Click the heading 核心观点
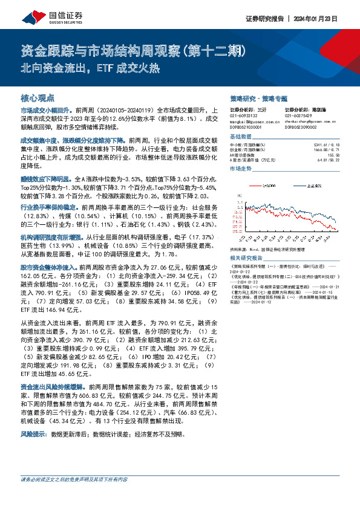[x=38, y=97]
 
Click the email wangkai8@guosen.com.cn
[x=249, y=122]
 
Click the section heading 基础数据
[x=240, y=137]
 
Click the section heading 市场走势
[x=240, y=169]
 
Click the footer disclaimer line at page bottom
[x=74, y=479]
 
